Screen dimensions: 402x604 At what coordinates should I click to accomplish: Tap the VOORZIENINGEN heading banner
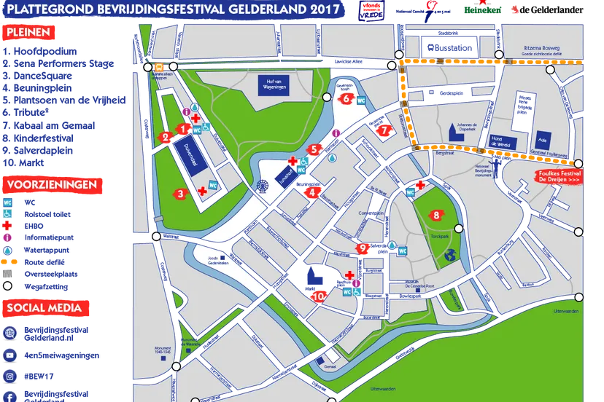click(x=50, y=184)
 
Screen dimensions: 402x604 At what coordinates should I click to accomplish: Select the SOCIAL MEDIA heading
click(x=45, y=307)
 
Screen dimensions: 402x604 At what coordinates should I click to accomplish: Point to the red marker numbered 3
click(x=179, y=194)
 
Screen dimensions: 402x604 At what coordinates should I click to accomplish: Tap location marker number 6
click(x=347, y=98)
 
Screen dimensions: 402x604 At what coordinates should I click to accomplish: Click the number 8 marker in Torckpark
click(x=436, y=215)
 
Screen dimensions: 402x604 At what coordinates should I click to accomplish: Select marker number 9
click(x=363, y=248)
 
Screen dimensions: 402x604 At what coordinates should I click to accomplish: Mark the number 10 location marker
click(x=317, y=296)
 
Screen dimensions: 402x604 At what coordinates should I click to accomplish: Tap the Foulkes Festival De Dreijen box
click(x=559, y=176)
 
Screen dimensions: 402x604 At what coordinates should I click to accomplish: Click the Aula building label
click(x=542, y=138)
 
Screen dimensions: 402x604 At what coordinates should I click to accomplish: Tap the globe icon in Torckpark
click(x=451, y=255)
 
